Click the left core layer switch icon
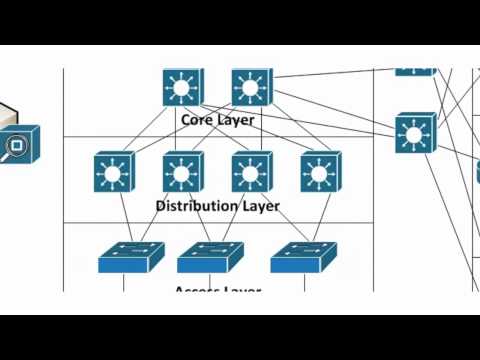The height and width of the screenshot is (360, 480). pos(182,88)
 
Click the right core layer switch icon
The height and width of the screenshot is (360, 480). pos(251,88)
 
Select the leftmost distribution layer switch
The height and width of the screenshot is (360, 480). pos(113,172)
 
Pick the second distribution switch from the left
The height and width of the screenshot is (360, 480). pos(182,172)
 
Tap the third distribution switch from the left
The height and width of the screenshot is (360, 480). pos(251,172)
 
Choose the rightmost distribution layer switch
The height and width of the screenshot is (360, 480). pos(320,172)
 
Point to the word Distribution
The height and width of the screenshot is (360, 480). pos(197,206)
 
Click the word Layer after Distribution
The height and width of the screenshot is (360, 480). pos(260,206)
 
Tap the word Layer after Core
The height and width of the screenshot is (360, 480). pos(236,120)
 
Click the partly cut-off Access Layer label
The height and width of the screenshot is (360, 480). pos(217,290)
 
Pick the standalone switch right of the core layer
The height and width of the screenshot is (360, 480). pos(414,133)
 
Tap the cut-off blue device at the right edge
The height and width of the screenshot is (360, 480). pos(477,172)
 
